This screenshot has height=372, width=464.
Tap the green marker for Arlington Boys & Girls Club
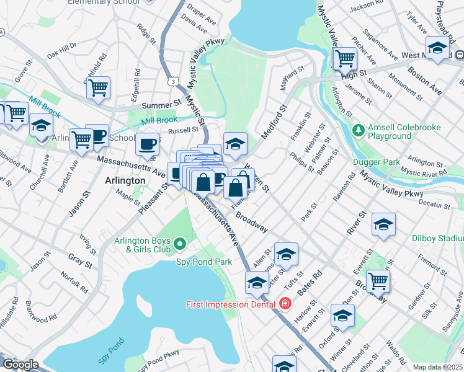click(x=180, y=244)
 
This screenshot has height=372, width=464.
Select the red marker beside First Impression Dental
click(x=285, y=304)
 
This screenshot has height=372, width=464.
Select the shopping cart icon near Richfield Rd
click(x=98, y=88)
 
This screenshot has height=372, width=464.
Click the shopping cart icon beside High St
click(x=345, y=59)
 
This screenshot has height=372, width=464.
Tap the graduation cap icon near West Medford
click(x=437, y=48)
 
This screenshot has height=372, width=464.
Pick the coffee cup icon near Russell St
click(x=147, y=144)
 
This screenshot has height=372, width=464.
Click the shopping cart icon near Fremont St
click(x=378, y=280)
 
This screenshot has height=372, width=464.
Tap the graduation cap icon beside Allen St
click(x=286, y=254)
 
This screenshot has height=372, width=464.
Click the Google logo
click(x=20, y=365)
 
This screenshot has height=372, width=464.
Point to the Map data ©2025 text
click(x=437, y=367)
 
